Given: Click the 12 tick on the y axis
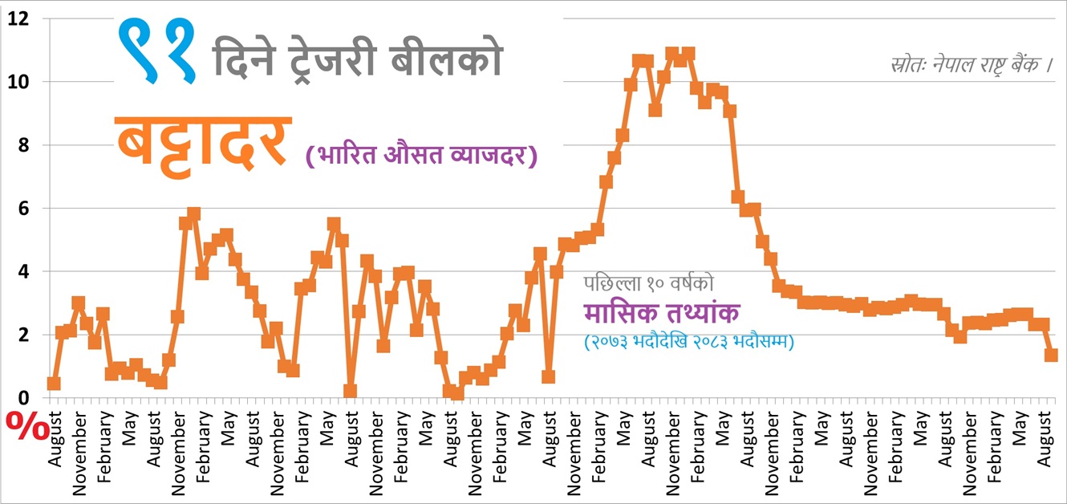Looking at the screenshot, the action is [x=18, y=19].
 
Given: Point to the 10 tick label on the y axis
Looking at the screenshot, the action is [x=18, y=82].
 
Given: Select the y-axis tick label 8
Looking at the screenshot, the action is [x=24, y=145].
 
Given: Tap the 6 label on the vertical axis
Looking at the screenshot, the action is [x=24, y=209].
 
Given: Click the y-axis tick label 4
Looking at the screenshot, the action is [x=24, y=272].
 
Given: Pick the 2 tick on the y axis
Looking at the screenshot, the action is [x=24, y=335].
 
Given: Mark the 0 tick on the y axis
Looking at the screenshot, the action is [x=24, y=398].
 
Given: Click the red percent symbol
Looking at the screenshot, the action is [x=27, y=427].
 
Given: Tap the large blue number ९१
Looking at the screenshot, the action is [x=156, y=51].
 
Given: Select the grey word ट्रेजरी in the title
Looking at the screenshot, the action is [x=332, y=60].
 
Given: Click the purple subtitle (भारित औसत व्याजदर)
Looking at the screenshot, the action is [x=421, y=155].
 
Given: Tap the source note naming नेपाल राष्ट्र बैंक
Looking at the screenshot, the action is [x=972, y=65].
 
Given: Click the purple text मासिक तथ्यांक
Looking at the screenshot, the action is [x=662, y=312].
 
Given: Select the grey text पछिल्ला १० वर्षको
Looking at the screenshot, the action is [x=649, y=284].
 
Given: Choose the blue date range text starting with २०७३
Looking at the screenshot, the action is [x=689, y=342].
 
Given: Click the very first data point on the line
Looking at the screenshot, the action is [x=54, y=384].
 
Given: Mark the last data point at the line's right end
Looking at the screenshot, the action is [x=1051, y=355].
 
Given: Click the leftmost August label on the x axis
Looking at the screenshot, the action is [x=55, y=439].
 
